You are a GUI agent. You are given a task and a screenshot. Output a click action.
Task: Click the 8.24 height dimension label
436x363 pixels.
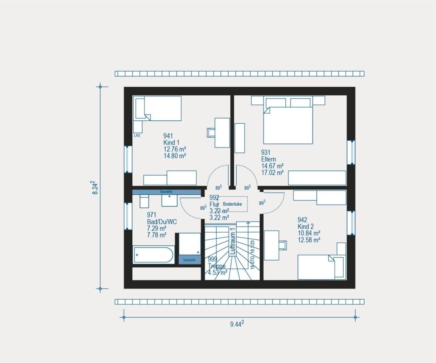pos(97,187)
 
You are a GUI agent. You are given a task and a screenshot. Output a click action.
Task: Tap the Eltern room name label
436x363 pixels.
pos(268,159)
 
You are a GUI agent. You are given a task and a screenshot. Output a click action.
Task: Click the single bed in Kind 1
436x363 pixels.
pos(158,108)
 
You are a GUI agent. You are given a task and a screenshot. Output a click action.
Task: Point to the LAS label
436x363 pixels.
pos(137,136)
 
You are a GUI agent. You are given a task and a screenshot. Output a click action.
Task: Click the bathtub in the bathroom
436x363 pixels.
pos(153,255)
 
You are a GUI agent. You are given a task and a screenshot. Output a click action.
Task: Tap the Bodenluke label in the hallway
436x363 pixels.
pos(232,204)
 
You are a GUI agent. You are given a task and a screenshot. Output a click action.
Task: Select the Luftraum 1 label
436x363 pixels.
pos(233,241)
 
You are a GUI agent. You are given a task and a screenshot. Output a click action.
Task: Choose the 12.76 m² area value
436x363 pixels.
pos(175,149)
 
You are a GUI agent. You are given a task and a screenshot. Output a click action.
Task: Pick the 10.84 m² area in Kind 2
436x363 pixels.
pos(309,233)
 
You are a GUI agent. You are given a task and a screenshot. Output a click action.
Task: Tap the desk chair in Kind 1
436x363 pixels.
pos(211,133)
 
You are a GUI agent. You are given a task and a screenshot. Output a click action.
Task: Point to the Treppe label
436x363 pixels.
pos(216,266)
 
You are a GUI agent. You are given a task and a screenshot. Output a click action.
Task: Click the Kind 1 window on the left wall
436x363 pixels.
pos(128,159)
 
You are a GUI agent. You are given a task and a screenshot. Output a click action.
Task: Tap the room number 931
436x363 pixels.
pos(266,153)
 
